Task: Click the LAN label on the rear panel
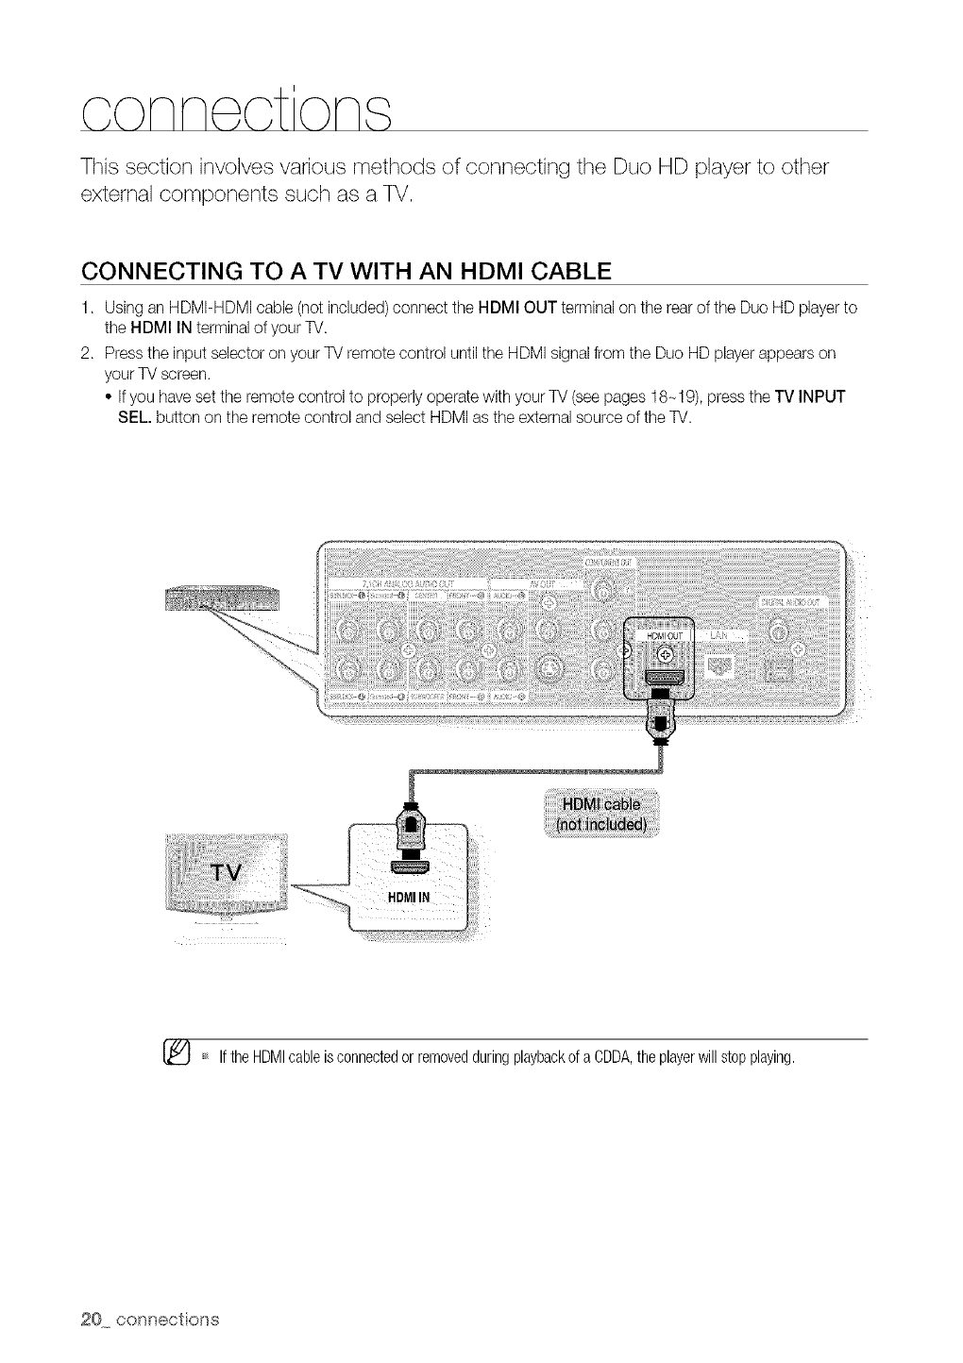point(718,634)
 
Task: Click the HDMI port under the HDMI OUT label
point(664,678)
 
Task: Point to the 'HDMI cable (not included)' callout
point(600,814)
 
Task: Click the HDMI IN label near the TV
point(409,896)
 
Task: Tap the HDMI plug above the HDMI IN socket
point(409,825)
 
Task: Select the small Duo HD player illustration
point(223,597)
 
